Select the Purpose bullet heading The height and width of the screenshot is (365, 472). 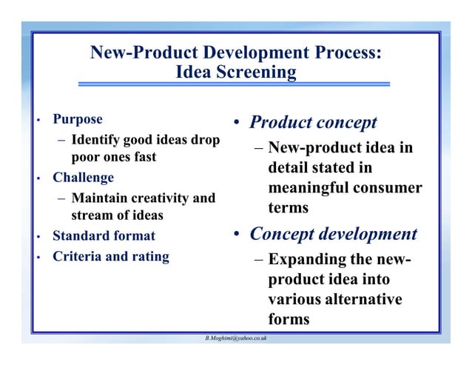(x=78, y=119)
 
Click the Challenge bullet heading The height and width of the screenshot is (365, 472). (x=83, y=178)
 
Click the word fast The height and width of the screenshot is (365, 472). (x=142, y=157)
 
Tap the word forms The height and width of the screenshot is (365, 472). (x=289, y=320)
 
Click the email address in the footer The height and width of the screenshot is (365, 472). (x=236, y=338)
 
